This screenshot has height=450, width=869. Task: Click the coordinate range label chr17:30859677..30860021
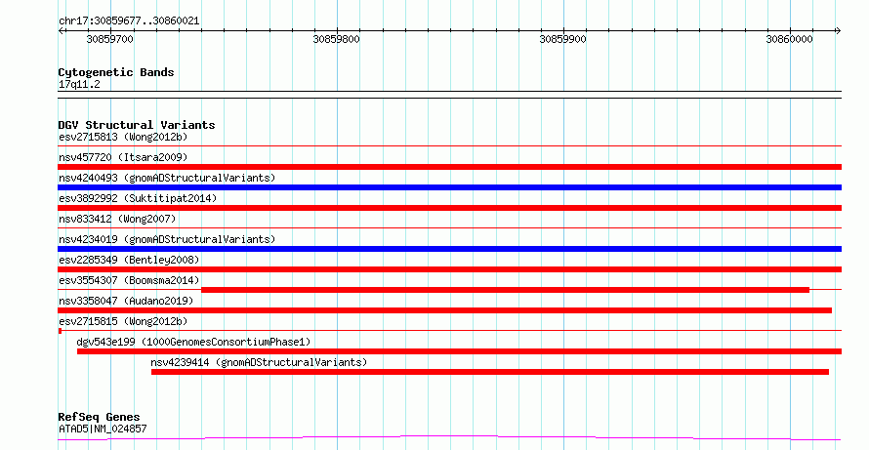(x=129, y=21)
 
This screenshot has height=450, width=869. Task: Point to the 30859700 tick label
(x=109, y=39)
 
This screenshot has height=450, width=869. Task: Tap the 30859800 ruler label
(x=337, y=39)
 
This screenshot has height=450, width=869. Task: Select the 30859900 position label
(x=563, y=39)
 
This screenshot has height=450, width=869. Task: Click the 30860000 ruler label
(x=789, y=39)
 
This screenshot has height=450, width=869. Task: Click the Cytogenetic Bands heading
(x=116, y=72)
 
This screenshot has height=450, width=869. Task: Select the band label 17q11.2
(x=79, y=85)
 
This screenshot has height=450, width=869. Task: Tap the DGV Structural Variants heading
(x=137, y=125)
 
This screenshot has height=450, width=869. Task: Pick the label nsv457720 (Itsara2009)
(x=123, y=157)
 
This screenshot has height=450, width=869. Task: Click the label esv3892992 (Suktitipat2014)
(x=138, y=198)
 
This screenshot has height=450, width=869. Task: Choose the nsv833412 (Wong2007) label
(x=117, y=219)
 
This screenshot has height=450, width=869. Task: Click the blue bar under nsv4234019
(x=449, y=249)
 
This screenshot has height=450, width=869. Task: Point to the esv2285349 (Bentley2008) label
(x=129, y=260)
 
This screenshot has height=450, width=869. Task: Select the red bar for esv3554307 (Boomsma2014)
(x=505, y=290)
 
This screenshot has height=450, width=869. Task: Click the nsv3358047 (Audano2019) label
(x=126, y=301)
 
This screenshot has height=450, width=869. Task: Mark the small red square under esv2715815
(x=60, y=331)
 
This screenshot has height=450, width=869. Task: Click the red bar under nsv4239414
(x=490, y=372)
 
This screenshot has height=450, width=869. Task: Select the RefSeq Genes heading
(x=100, y=417)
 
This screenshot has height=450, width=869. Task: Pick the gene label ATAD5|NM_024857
(x=103, y=429)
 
